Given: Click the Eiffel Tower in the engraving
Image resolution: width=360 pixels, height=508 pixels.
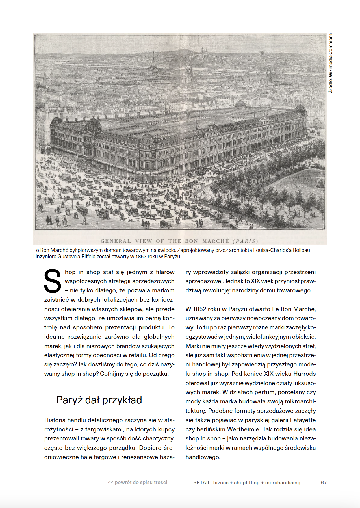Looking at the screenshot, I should point(153,61).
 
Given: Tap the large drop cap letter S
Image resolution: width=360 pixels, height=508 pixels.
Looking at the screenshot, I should point(53,281).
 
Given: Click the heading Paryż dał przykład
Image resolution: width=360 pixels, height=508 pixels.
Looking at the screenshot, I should point(99,400).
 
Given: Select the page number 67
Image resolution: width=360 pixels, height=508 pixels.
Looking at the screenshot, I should point(324,483).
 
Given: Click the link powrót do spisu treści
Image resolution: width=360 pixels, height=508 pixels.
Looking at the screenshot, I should point(138,482).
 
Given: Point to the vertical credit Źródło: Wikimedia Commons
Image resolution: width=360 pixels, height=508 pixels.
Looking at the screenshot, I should point(330,63).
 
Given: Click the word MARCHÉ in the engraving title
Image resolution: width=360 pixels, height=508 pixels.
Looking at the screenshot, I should point(216,241).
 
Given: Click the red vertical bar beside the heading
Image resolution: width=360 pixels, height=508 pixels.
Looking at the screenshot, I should point(44,399).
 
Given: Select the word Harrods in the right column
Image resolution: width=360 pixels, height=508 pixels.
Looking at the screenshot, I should point(304,374).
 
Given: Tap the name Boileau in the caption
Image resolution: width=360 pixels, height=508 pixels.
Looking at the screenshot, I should point(301,250).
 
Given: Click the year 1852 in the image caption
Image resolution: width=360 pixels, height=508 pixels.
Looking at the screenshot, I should point(141,257).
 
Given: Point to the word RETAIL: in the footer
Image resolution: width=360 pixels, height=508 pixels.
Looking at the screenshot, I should point(202,483).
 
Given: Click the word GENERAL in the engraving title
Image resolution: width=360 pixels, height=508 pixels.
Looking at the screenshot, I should point(116,241).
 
